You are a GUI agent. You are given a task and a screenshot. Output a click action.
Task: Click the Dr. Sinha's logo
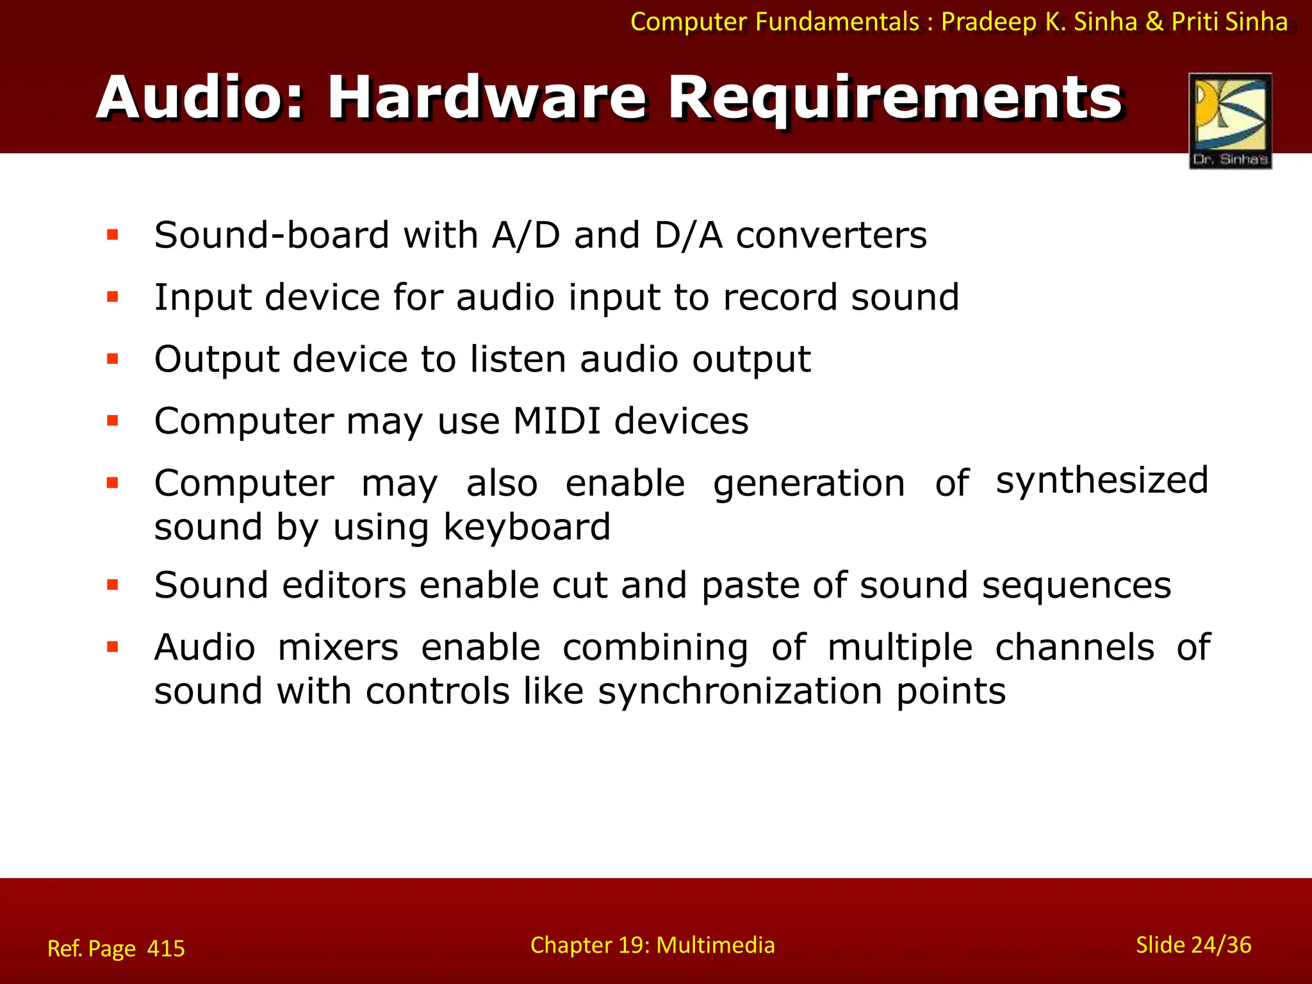coord(1230,120)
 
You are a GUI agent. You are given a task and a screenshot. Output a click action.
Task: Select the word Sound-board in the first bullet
coord(272,235)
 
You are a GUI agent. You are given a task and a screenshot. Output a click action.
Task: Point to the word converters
coord(831,235)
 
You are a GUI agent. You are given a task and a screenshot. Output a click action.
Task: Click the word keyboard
coord(527,527)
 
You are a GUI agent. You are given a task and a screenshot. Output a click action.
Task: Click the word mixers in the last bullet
coord(338,648)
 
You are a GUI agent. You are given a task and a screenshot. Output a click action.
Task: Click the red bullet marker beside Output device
coord(113,359)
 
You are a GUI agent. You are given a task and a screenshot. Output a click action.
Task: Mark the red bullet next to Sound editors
coord(113,585)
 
